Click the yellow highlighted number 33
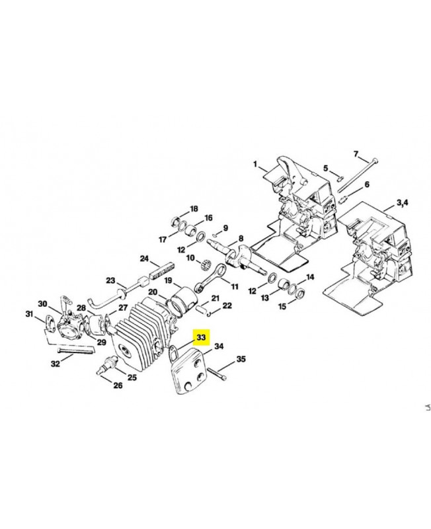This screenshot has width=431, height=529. pos(201,337)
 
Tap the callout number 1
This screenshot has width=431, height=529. pos(255,164)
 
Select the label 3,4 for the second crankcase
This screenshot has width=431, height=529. pos(402,203)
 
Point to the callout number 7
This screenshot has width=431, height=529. pos(356,154)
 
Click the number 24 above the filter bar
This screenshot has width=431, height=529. pos(144,259)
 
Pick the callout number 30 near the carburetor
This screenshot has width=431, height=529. pos(42,304)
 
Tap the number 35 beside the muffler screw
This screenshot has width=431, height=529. pos(241,359)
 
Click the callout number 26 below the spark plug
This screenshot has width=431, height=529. pos(118,385)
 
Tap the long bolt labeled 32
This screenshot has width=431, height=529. pos(76,350)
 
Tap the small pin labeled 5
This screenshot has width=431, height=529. pos(340,178)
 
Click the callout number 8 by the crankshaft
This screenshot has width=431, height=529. pos(241,239)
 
